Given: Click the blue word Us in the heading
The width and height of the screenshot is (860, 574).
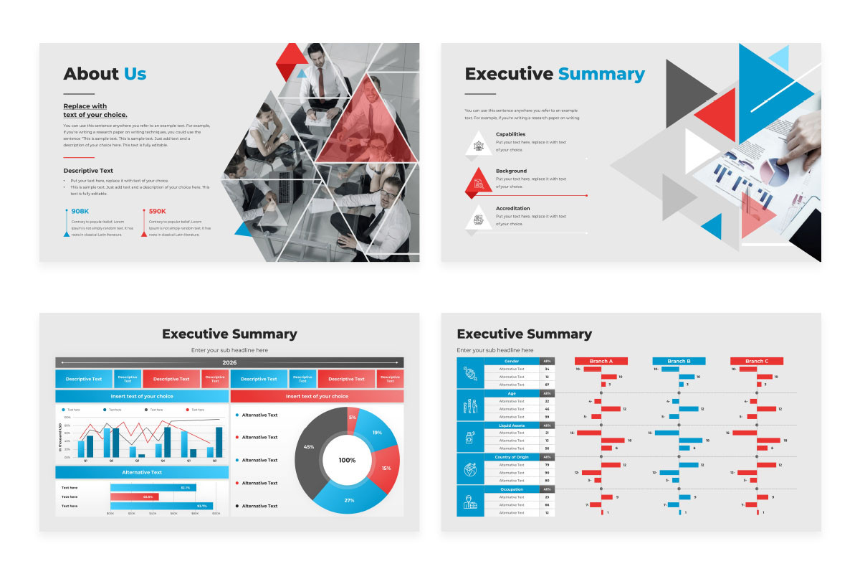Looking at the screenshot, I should tap(135, 74).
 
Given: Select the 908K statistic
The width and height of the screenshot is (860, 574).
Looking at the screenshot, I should tap(80, 211).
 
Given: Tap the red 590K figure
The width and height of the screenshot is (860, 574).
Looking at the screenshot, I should tap(158, 211).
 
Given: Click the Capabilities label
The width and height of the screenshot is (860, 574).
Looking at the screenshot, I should tap(510, 134).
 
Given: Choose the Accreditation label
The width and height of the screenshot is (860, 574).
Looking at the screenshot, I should tap(512, 208).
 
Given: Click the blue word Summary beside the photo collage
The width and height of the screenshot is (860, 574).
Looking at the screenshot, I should tap(601, 74).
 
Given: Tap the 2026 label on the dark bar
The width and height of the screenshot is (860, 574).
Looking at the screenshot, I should tap(229, 362).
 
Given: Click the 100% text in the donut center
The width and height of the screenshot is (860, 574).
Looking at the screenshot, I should tap(347, 460).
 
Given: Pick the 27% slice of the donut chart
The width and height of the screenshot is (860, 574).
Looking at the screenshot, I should tap(349, 499).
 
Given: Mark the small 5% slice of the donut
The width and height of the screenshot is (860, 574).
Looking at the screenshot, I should tap(352, 418).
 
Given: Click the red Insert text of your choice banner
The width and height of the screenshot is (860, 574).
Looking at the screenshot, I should tap(317, 396).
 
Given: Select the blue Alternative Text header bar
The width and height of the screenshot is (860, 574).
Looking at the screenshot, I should tap(142, 472).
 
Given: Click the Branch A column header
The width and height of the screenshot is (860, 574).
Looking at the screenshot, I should tap(601, 361).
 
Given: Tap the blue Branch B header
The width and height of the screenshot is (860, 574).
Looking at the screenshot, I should tap(679, 361).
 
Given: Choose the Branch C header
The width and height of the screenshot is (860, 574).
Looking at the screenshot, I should tap(756, 361).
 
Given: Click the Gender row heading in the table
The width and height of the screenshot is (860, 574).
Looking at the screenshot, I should tap(512, 361).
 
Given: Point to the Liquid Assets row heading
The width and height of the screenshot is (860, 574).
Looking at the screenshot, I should tap(512, 425).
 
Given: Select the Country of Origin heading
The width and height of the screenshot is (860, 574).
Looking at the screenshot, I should tap(512, 457).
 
